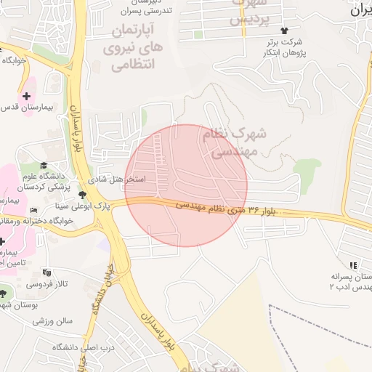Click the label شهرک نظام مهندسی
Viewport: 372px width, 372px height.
[x=238, y=143]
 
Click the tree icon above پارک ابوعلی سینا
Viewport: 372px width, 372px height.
[x=82, y=195]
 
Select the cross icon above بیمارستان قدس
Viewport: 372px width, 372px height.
[x=27, y=95]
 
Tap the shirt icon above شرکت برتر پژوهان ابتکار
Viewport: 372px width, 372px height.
[x=283, y=31]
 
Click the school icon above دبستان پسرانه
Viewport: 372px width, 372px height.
[x=353, y=265]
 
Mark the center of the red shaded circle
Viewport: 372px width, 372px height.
[x=186, y=185]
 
